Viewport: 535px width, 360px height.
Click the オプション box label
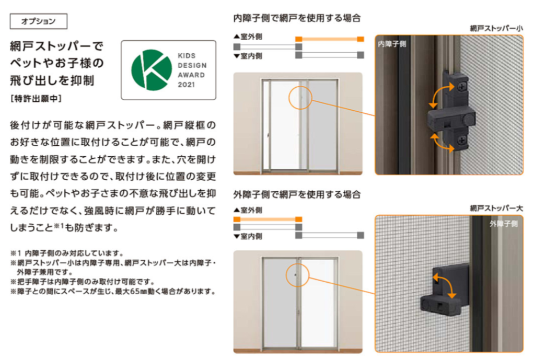pyautogui.click(x=39, y=21)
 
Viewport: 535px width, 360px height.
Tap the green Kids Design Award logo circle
pyautogui.click(x=152, y=70)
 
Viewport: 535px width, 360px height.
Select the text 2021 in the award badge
pyautogui.click(x=187, y=85)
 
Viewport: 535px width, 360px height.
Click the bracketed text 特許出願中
pyautogui.click(x=36, y=99)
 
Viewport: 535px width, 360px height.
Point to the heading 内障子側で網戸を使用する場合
pyautogui.click(x=297, y=18)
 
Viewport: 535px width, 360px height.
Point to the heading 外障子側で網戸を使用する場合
pyautogui.click(x=297, y=194)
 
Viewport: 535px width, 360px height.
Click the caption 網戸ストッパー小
pyautogui.click(x=496, y=28)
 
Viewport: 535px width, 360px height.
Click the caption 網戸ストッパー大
pyautogui.click(x=496, y=208)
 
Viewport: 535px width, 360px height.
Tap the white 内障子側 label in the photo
pyautogui.click(x=392, y=44)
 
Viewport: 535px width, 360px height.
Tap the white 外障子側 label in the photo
pyautogui.click(x=504, y=224)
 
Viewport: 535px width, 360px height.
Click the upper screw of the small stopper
pyautogui.click(x=462, y=87)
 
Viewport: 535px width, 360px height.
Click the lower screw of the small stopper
pyautogui.click(x=462, y=140)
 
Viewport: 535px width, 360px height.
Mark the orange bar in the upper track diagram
pyautogui.click(x=330, y=39)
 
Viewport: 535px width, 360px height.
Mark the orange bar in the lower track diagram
pyautogui.click(x=268, y=219)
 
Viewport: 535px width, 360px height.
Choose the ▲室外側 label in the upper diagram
pyautogui.click(x=248, y=37)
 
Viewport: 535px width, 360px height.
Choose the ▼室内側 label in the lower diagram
pyautogui.click(x=248, y=236)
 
